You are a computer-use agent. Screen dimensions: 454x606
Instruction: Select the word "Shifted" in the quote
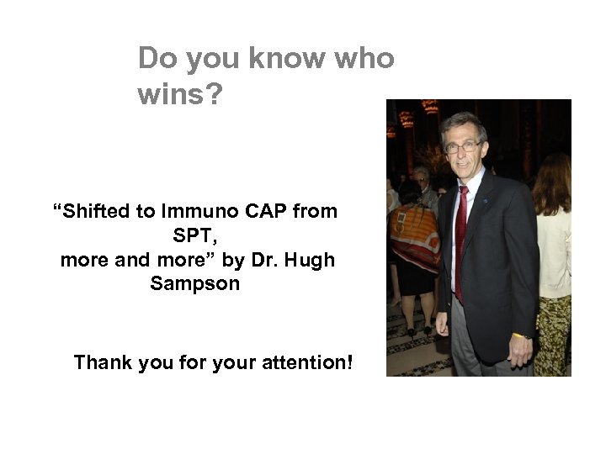click(x=98, y=212)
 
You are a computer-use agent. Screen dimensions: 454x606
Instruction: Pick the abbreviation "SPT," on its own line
click(x=194, y=236)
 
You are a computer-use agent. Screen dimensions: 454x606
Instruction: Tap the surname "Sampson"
click(x=194, y=284)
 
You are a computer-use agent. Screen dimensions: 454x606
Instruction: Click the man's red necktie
click(x=460, y=240)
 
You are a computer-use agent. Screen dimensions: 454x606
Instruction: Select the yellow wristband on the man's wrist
click(x=514, y=335)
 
